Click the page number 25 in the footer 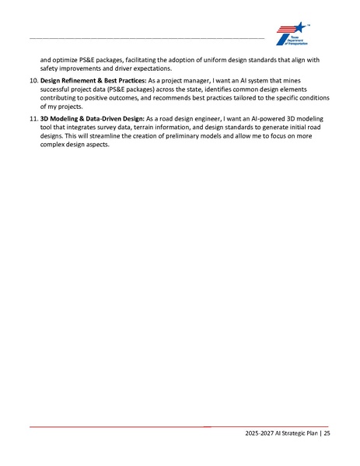327,434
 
